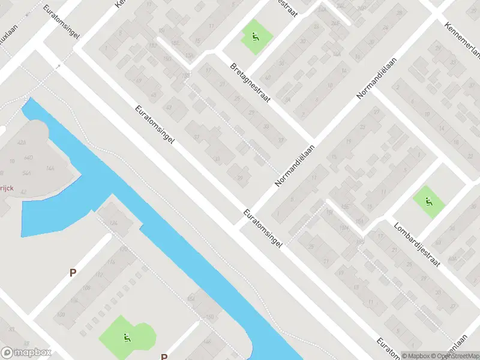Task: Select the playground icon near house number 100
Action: [126, 338]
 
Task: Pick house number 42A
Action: [22, 143]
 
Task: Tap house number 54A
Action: [26, 173]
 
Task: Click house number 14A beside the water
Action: [50, 169]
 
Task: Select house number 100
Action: [61, 314]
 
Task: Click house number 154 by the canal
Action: [191, 298]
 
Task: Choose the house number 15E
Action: [176, 43]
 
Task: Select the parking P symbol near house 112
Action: [73, 272]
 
